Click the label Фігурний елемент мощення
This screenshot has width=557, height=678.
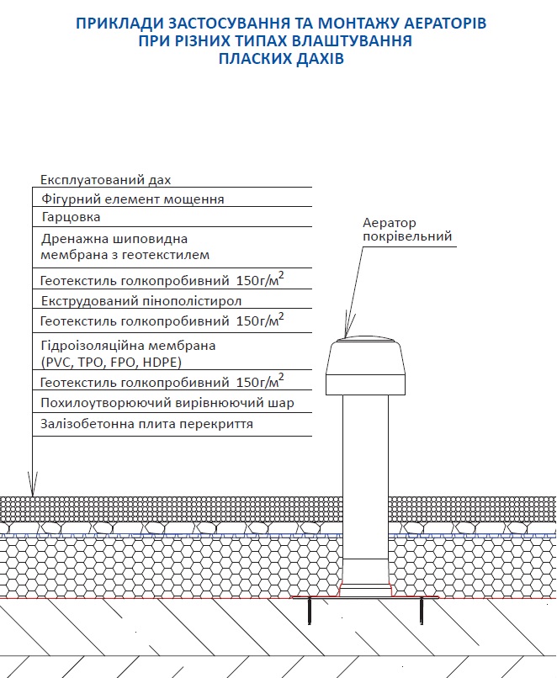pyautogui.click(x=132, y=199)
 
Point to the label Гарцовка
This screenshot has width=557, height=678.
pyautogui.click(x=71, y=218)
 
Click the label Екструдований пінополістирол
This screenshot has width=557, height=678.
pyautogui.click(x=141, y=300)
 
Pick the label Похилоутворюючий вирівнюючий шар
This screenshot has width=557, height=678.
pyautogui.click(x=167, y=404)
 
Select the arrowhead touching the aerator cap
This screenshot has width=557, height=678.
pyautogui.click(x=346, y=329)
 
